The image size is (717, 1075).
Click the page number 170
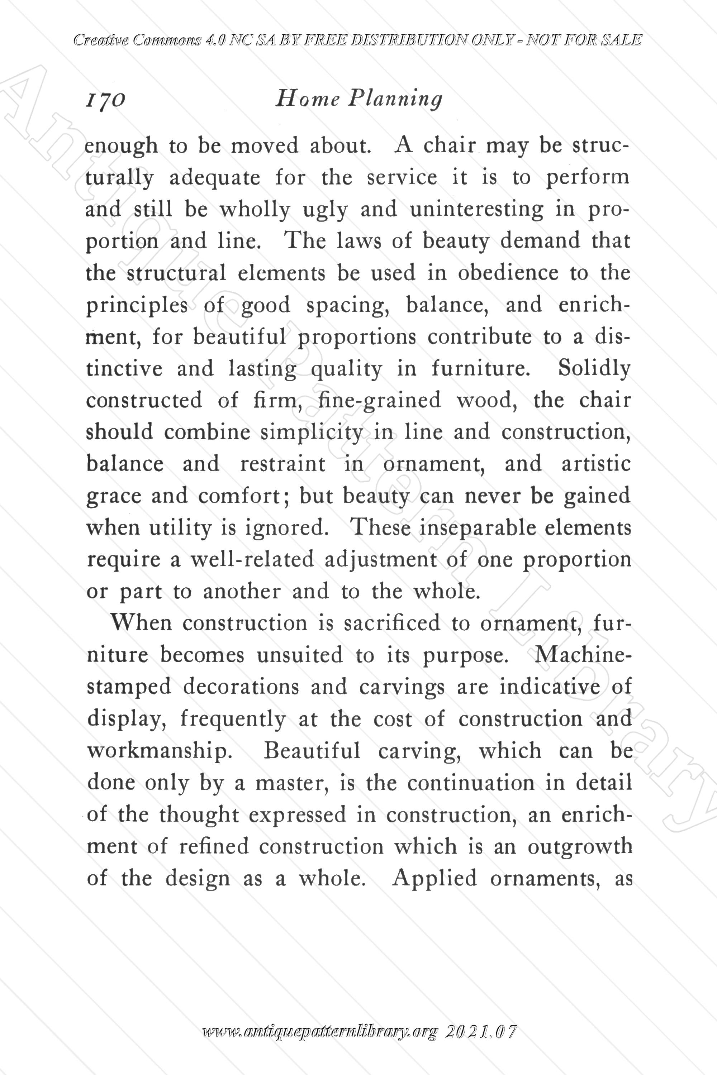[105, 99]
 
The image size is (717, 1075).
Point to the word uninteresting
[476, 209]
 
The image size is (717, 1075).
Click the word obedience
[508, 273]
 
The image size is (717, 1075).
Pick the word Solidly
[594, 368]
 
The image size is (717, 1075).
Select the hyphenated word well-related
[252, 560]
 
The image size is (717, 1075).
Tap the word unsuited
[299, 655]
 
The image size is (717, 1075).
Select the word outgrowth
[580, 846]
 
